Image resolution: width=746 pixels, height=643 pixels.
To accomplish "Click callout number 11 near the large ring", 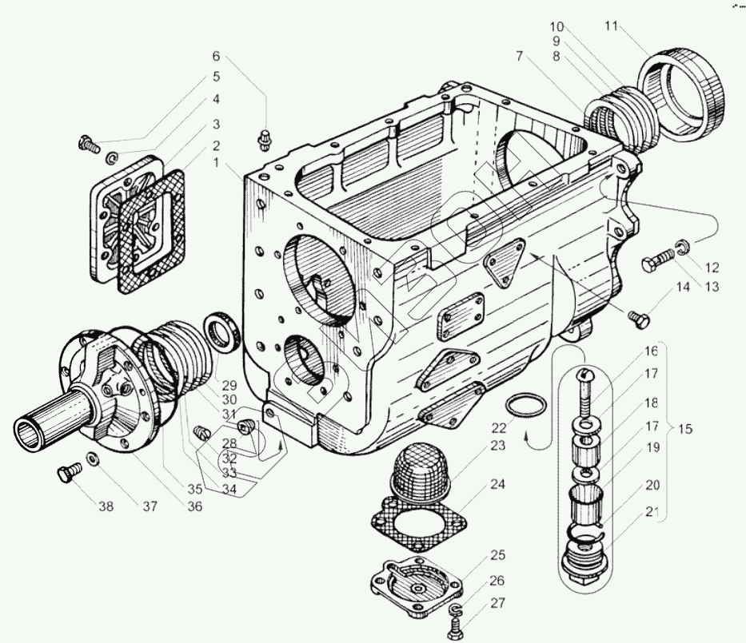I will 612,26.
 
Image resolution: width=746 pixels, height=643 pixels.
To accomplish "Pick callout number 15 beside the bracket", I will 685,429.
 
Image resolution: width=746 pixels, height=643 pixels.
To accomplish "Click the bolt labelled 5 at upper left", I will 86,145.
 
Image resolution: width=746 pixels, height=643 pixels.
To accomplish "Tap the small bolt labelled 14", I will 637,319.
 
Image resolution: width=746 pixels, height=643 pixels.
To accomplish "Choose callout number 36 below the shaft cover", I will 195,506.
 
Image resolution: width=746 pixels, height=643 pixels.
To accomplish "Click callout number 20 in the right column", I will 652,484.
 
